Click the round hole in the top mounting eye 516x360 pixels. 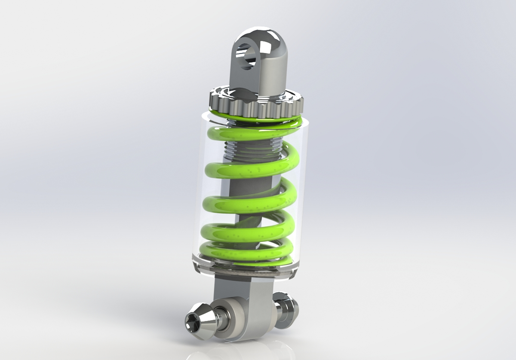246,56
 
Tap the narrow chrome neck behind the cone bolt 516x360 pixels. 217,320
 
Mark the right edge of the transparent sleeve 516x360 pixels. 305,193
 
